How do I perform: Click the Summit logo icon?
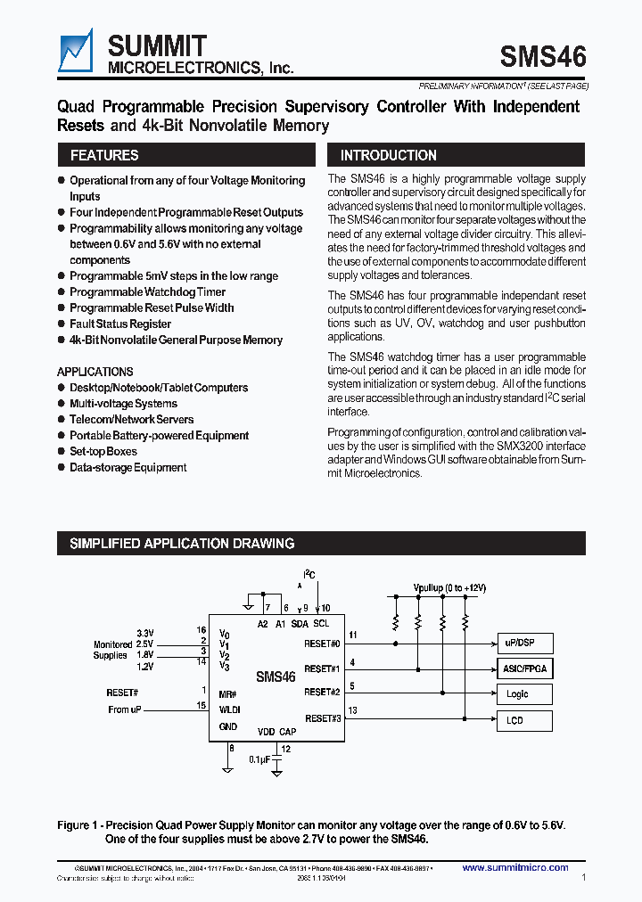click(x=75, y=51)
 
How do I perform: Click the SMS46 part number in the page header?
click(x=543, y=57)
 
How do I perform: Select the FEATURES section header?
click(x=104, y=155)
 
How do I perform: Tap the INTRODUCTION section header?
click(x=389, y=155)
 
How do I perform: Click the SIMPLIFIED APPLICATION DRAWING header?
click(x=182, y=544)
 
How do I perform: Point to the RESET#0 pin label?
click(x=323, y=643)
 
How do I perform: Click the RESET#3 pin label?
click(x=323, y=717)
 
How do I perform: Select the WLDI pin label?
click(x=229, y=709)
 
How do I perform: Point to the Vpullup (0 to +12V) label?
click(x=449, y=588)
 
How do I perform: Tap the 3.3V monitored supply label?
click(x=144, y=632)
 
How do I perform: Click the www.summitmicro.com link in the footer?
click(x=515, y=867)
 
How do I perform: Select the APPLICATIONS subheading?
click(x=95, y=372)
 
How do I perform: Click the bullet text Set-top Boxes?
click(x=103, y=452)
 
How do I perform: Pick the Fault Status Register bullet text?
click(x=120, y=324)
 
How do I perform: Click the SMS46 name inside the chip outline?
click(x=276, y=676)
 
